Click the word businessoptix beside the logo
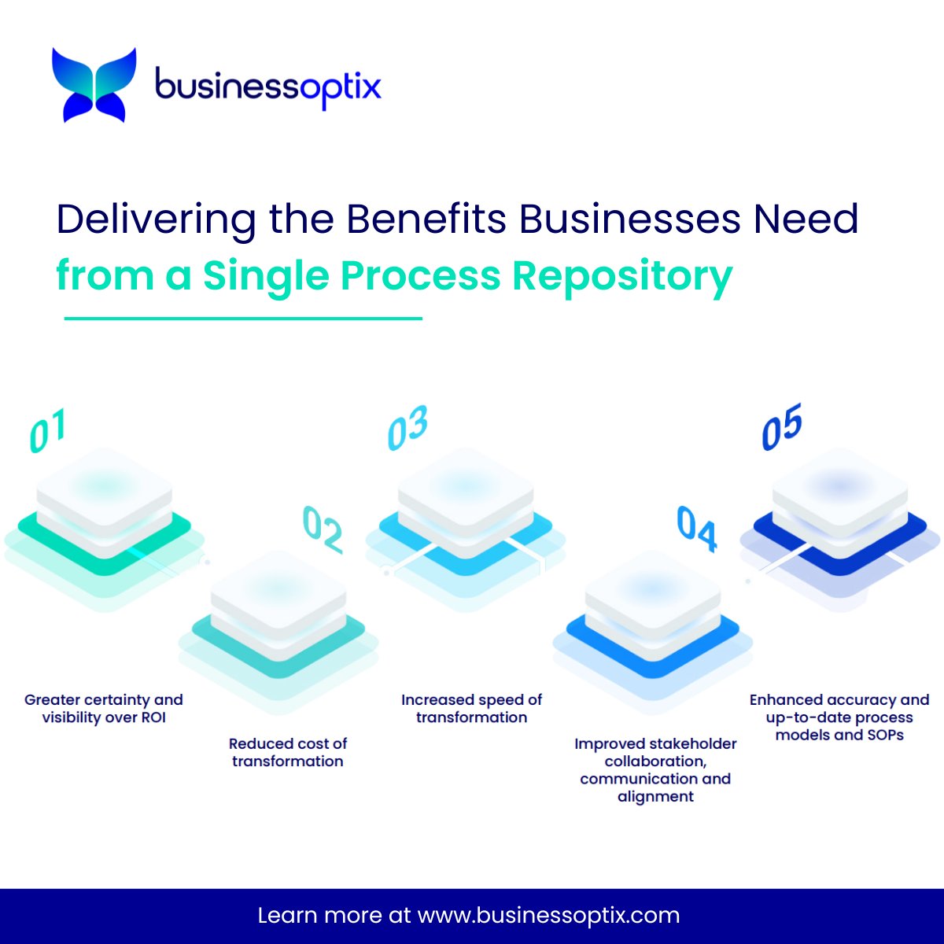point(267,86)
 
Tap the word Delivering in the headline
point(156,219)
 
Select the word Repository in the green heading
point(622,275)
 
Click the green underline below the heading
point(242,319)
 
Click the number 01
point(47,431)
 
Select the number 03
point(407,428)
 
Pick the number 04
point(696,529)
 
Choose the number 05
point(781,426)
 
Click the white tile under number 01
point(104,484)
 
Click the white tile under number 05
point(839,484)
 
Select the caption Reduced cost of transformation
point(288,752)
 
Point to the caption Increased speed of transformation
point(471,708)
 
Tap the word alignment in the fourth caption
point(655,796)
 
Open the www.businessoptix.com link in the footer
point(548,916)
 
